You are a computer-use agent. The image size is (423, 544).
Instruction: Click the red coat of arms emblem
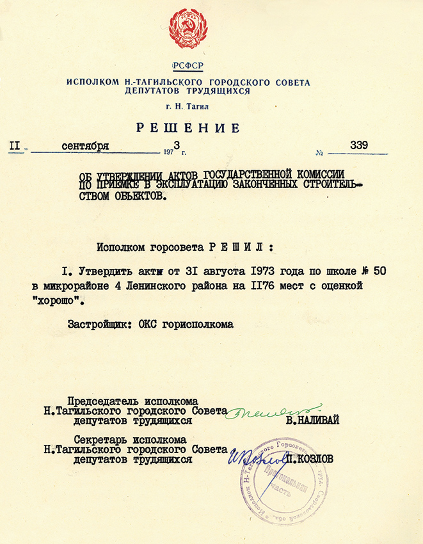coord(189,29)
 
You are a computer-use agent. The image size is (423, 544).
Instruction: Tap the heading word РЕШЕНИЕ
coord(189,128)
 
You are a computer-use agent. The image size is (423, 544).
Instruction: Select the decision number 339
coord(359,145)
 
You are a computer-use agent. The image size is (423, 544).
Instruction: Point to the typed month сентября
coord(85,146)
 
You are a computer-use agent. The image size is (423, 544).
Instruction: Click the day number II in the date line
coord(15,146)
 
